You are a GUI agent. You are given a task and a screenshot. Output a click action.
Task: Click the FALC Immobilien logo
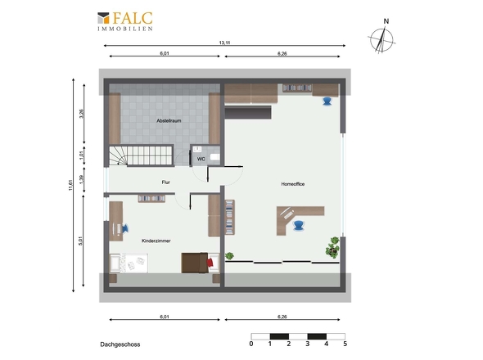coord(125,21)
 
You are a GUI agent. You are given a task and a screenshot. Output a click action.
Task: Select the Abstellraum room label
coord(169,121)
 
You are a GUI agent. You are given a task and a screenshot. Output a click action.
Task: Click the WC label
coord(201,160)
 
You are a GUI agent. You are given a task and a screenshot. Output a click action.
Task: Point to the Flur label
coord(165,182)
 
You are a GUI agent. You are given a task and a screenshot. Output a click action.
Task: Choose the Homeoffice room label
coord(293,184)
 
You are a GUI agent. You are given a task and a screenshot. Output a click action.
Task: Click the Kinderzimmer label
coord(156,241)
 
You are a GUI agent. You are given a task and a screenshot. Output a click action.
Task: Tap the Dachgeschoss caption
coord(120,344)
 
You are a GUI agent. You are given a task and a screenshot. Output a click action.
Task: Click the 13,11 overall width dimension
coord(224,43)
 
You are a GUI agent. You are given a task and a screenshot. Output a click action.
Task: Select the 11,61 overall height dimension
coord(70,185)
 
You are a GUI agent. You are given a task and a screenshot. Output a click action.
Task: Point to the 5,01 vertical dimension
coord(81,241)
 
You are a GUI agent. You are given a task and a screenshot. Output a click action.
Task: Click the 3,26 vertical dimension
coord(81,114)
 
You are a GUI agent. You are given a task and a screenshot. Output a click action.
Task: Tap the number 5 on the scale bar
coord(345,344)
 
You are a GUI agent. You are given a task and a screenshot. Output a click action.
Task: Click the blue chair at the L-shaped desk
coord(298,225)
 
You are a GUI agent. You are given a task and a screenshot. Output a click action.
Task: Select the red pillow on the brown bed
coord(210,263)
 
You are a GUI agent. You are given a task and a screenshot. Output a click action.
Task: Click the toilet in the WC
coord(215,157)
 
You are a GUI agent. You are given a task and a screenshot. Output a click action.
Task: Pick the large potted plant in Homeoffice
coord(332,247)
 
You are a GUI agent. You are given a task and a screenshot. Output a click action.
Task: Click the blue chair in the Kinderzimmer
coord(125,228)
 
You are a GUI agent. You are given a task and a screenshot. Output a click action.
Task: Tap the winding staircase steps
coord(141,155)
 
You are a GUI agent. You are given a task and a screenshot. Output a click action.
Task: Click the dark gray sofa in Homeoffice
coord(248,112)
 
